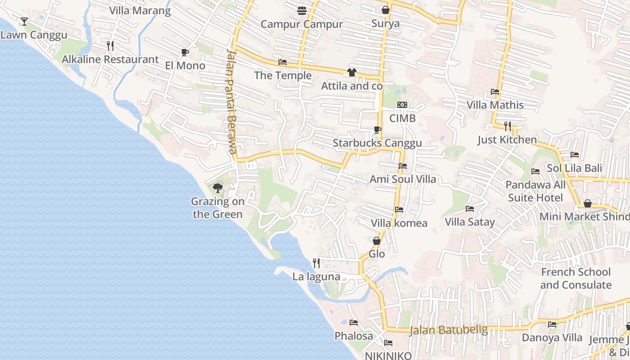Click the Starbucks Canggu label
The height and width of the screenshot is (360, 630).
click(x=377, y=143)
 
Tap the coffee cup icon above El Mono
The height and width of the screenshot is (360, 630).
click(x=184, y=53)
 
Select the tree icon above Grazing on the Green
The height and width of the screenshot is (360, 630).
click(x=218, y=188)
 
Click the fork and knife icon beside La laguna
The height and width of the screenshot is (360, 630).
click(x=316, y=263)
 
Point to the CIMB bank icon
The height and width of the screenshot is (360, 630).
click(x=402, y=105)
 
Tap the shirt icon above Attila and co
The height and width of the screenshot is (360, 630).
click(x=352, y=72)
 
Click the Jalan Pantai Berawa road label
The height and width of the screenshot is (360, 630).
click(x=231, y=102)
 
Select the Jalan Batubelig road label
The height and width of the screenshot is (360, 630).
click(x=448, y=330)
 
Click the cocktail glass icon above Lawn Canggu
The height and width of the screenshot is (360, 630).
click(x=24, y=21)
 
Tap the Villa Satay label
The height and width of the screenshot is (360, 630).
click(x=470, y=222)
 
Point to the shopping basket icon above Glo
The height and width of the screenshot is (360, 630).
click(x=377, y=241)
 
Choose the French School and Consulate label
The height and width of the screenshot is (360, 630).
click(x=576, y=279)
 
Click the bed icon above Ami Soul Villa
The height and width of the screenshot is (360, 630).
click(x=403, y=166)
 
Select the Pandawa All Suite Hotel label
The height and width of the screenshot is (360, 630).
click(x=535, y=191)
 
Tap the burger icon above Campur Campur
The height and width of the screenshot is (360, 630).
click(x=302, y=10)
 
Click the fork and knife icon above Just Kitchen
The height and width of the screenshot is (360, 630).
click(x=508, y=126)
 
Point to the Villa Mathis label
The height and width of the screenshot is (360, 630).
click(x=495, y=105)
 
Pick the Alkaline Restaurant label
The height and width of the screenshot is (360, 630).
click(x=110, y=59)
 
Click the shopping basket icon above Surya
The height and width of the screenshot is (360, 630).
click(x=386, y=10)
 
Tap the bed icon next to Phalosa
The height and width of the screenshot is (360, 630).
click(x=354, y=322)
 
